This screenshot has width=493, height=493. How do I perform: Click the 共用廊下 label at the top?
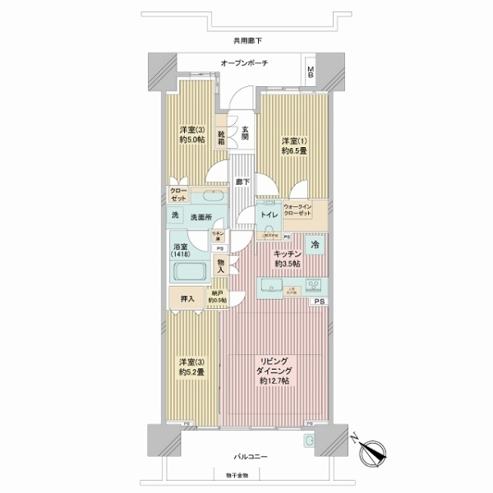click(x=246, y=40)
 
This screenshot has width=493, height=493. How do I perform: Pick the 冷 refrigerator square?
click(x=316, y=244)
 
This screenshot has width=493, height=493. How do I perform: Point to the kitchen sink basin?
click(x=270, y=286)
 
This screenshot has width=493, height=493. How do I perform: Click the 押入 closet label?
click(x=187, y=299)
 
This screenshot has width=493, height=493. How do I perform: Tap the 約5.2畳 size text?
click(x=191, y=371)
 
